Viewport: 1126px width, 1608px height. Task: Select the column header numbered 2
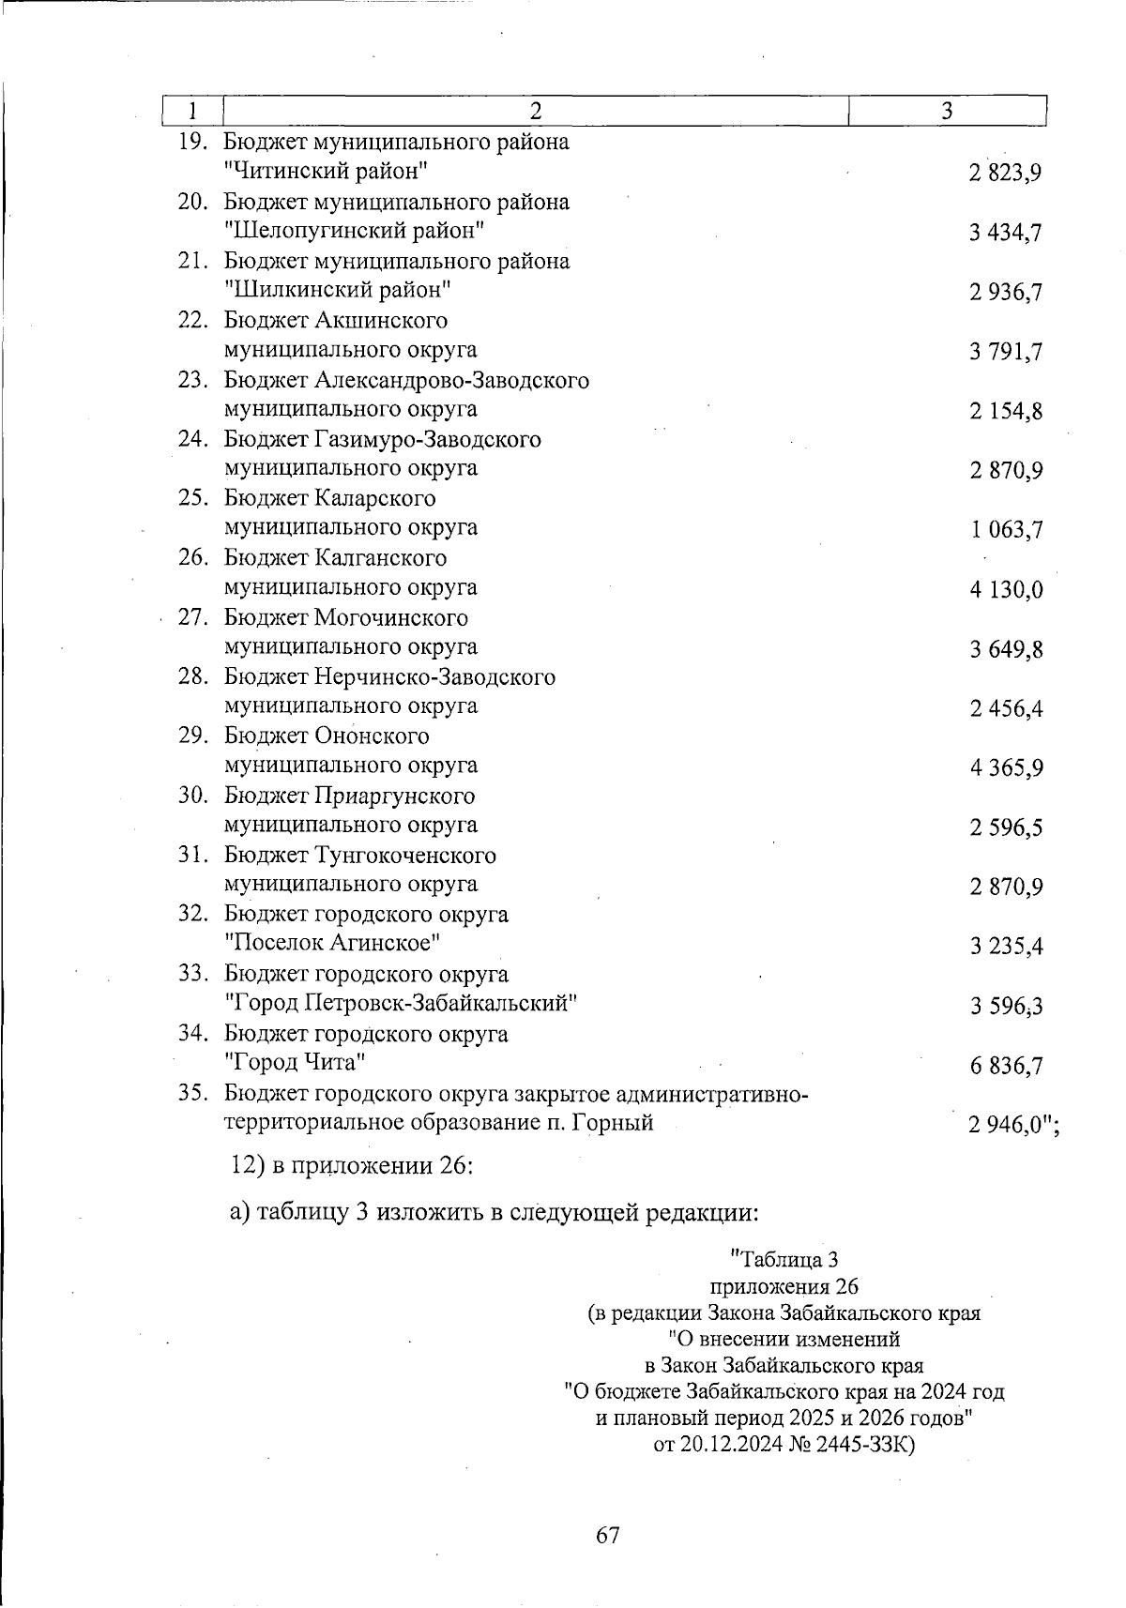[x=535, y=111]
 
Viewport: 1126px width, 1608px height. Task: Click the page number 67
[x=608, y=1535]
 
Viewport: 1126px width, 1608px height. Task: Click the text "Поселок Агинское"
[x=333, y=943]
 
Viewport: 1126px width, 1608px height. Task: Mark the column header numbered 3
[x=947, y=111]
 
